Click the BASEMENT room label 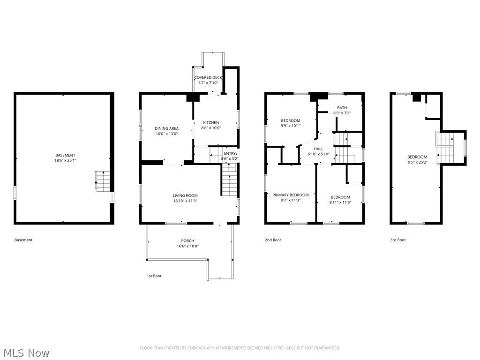tap(65, 155)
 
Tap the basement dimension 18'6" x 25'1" tap(65, 160)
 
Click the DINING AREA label tap(167, 128)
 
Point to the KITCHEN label tap(211, 123)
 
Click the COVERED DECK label tap(208, 77)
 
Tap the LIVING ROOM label tap(185, 195)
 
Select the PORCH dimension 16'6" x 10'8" tap(187, 246)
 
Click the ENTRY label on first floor tap(230, 153)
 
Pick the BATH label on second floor tap(342, 108)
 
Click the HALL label tap(319, 149)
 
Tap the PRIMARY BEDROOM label tap(291, 195)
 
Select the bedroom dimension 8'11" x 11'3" tap(340, 202)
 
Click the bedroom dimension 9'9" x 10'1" tap(291, 126)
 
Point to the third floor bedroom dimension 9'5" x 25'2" tap(417, 162)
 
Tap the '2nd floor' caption tap(273, 240)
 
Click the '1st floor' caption tap(154, 276)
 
